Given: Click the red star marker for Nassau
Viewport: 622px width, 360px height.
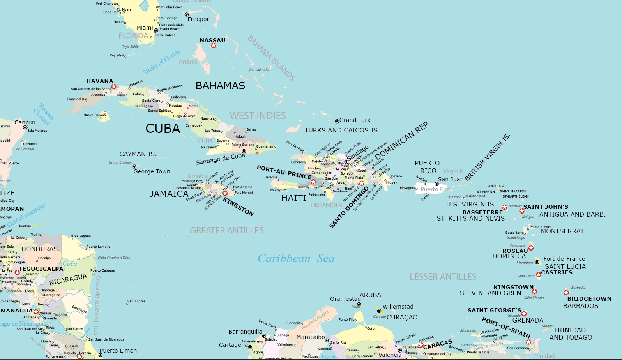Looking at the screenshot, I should [213, 46].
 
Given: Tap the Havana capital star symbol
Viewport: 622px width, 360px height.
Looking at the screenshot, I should [114, 86].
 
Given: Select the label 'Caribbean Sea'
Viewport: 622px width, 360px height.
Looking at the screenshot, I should [296, 259].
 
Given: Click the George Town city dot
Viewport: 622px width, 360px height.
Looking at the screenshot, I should [134, 167].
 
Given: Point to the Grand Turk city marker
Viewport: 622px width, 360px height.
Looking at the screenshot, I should [337, 121].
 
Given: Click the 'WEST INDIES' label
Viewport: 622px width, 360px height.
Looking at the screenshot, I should [258, 116].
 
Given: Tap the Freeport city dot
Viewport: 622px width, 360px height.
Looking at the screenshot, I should [187, 15].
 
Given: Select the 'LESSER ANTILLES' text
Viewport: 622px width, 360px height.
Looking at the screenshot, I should [443, 277].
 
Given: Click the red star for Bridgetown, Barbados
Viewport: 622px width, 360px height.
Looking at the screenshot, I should [566, 293].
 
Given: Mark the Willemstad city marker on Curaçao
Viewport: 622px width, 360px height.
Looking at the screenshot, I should [379, 311].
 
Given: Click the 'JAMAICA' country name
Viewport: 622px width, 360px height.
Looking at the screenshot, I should [169, 194].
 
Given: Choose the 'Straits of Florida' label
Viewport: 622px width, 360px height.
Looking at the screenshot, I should [161, 62].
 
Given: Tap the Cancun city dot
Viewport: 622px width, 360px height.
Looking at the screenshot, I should [25, 127].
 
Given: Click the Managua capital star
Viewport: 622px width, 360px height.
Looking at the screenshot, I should [36, 312].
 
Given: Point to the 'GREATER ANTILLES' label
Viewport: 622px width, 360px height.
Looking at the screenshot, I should [226, 230].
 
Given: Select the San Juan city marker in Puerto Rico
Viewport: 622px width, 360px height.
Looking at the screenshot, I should [436, 184].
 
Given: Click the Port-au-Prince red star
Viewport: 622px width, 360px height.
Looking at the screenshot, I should [313, 182].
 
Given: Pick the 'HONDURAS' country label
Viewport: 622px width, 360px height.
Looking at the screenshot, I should [39, 249].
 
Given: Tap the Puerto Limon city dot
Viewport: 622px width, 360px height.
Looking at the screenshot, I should [101, 355].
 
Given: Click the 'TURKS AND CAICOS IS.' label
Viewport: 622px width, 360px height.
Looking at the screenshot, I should [342, 130].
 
